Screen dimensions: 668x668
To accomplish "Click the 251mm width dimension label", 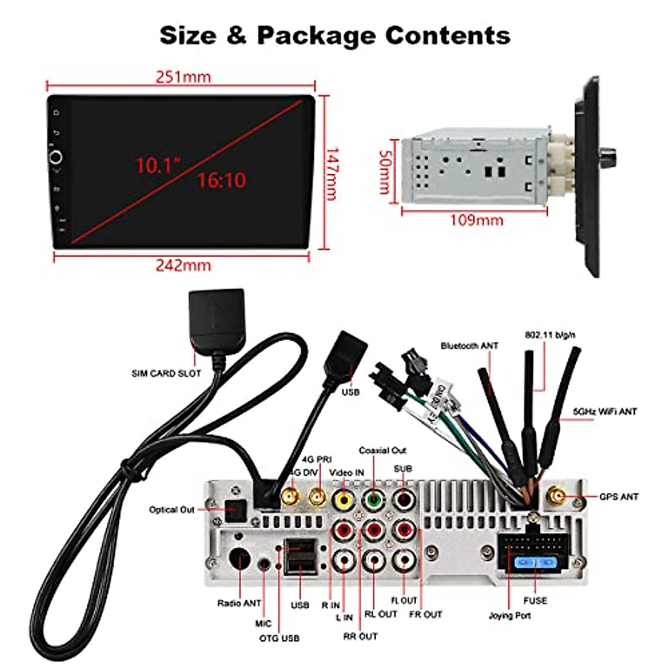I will pyautogui.click(x=183, y=77).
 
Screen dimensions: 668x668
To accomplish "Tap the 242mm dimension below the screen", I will pyautogui.click(x=183, y=266).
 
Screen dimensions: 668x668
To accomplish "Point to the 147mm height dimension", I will pyautogui.click(x=332, y=174).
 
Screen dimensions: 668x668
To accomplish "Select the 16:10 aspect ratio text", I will pyautogui.click(x=222, y=180).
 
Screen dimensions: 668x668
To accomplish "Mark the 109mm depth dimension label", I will pyautogui.click(x=477, y=220).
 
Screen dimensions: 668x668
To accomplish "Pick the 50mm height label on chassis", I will pyautogui.click(x=385, y=171).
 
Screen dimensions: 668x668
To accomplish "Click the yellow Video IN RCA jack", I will pyautogui.click(x=343, y=499).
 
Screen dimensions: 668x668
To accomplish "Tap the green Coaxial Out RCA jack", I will pyautogui.click(x=374, y=499).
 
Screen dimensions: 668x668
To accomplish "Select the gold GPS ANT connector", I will pyautogui.click(x=556, y=495).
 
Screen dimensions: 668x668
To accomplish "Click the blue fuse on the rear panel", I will pyautogui.click(x=536, y=563).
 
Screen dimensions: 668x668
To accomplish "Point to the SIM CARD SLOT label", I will pyautogui.click(x=166, y=374).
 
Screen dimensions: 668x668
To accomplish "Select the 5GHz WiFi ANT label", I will pyautogui.click(x=605, y=412).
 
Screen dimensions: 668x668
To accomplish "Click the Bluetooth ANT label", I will pyautogui.click(x=469, y=346).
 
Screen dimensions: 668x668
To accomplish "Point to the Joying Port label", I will pyautogui.click(x=509, y=616).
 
